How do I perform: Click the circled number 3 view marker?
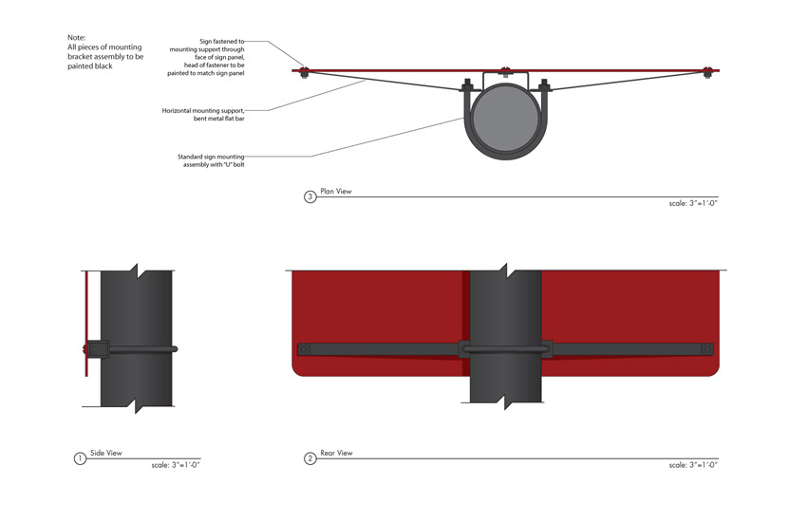click(310, 196)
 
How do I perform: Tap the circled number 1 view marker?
click(80, 458)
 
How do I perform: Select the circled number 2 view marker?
click(310, 458)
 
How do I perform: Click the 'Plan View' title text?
click(335, 191)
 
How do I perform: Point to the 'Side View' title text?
click(106, 453)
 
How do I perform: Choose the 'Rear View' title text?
click(336, 453)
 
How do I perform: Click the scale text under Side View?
click(176, 465)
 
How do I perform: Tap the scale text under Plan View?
click(693, 203)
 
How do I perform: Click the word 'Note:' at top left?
click(77, 38)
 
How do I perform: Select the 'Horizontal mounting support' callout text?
click(203, 114)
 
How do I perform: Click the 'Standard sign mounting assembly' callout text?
click(211, 160)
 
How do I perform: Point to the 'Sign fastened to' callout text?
click(206, 57)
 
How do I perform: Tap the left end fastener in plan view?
click(304, 71)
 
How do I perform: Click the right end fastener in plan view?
click(707, 71)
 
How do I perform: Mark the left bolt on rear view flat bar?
click(304, 349)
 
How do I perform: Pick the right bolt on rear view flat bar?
click(707, 349)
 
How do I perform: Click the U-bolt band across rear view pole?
click(505, 348)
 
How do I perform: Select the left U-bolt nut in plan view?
click(467, 85)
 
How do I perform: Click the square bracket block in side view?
click(99, 349)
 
